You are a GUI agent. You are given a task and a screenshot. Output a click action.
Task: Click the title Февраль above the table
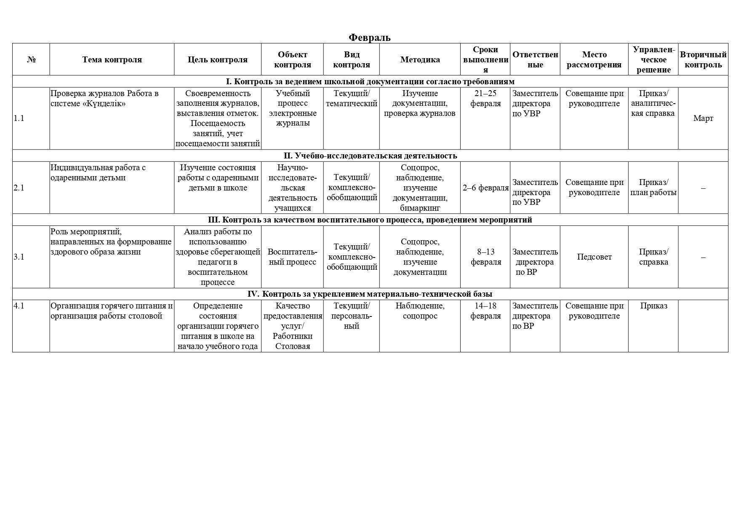(x=369, y=38)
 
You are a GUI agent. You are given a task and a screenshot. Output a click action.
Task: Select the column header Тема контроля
(x=112, y=59)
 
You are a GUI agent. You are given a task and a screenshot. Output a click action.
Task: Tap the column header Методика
(x=420, y=59)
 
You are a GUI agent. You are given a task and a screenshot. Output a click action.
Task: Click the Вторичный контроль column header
(x=703, y=59)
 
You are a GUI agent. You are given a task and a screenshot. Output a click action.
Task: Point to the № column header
(x=31, y=59)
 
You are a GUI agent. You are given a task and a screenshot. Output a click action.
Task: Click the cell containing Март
(x=703, y=118)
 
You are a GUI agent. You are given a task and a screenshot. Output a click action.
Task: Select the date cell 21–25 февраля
(x=485, y=98)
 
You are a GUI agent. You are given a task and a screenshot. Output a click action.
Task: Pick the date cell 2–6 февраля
(x=486, y=188)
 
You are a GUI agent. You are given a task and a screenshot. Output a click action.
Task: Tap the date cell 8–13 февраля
(x=486, y=257)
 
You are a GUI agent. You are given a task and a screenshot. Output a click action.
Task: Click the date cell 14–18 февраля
(x=485, y=311)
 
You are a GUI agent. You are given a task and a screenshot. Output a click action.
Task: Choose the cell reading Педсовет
(x=594, y=257)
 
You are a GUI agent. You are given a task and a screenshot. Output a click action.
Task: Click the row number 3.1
(x=19, y=257)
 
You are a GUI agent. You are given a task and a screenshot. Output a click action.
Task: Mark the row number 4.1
(x=19, y=306)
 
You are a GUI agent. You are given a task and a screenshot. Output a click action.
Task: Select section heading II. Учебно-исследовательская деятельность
(x=370, y=156)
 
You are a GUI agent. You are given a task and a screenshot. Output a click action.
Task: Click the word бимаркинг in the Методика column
(x=420, y=208)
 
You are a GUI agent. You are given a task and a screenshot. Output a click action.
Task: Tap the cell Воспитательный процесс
(x=292, y=257)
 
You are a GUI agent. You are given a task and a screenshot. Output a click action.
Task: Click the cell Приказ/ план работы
(x=653, y=188)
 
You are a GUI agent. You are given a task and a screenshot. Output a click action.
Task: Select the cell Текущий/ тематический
(x=351, y=98)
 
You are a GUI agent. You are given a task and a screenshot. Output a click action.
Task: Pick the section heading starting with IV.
(x=370, y=294)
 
